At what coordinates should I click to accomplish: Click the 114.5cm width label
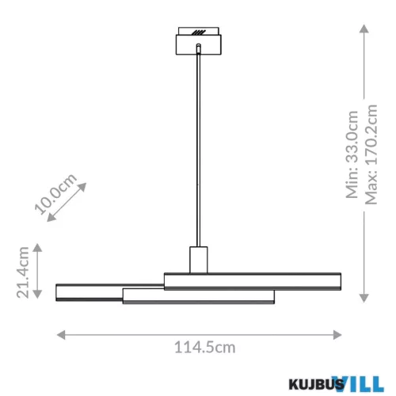pyautogui.click(x=204, y=346)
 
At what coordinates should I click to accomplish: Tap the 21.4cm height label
pyautogui.click(x=24, y=272)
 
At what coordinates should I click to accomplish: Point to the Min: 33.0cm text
pyautogui.click(x=352, y=154)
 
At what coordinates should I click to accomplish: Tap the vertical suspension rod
pyautogui.click(x=198, y=150)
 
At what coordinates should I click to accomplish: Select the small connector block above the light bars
pyautogui.click(x=198, y=259)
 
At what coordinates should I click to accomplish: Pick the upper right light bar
pyautogui.click(x=253, y=280)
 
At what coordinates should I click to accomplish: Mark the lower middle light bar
pyautogui.click(x=198, y=296)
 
